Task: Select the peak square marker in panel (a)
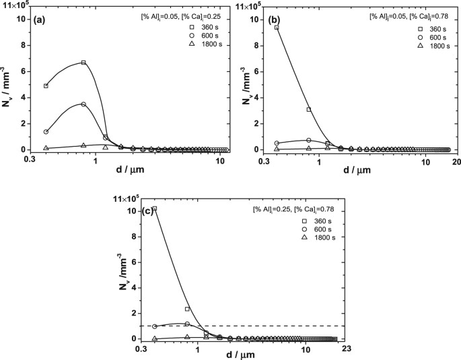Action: [x=83, y=63]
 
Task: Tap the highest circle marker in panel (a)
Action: [x=83, y=104]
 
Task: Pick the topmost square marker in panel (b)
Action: [x=277, y=28]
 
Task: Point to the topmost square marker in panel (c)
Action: [x=155, y=209]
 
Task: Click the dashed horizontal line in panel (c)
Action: [x=269, y=326]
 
